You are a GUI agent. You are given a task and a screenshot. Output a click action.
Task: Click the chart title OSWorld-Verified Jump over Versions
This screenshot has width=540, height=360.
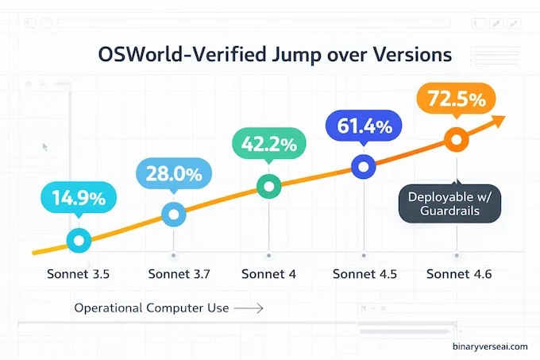coord(274,55)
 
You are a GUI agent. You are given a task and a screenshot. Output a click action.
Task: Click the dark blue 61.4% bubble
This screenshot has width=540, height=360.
coord(364,125)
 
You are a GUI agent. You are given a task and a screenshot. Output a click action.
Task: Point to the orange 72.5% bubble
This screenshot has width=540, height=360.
coord(456,102)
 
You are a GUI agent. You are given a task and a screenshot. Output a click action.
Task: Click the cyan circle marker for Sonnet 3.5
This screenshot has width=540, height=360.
coord(79,239)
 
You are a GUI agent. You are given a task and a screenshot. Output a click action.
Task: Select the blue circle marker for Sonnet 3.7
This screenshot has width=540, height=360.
coord(174,213)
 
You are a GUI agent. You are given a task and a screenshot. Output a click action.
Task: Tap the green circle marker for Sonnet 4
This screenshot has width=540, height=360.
coord(268,187)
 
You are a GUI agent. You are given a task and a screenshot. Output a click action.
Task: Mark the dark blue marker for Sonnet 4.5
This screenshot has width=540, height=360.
coord(364,166)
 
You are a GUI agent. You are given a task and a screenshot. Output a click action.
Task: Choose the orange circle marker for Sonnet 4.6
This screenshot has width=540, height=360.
coord(456,140)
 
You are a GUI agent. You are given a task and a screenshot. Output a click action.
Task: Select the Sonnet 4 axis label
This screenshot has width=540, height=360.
coord(268,275)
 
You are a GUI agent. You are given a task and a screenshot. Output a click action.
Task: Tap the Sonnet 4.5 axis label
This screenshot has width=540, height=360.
coord(364,275)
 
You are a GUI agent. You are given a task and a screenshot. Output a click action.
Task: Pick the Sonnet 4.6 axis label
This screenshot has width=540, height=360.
coord(458,275)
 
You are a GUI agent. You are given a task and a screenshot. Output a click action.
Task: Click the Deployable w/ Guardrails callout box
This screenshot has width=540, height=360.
coord(449,204)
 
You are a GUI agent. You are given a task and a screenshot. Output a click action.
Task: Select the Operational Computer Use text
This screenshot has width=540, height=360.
coord(151,308)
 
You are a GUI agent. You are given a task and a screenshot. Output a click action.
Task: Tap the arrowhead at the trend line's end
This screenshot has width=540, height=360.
coord(499,120)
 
